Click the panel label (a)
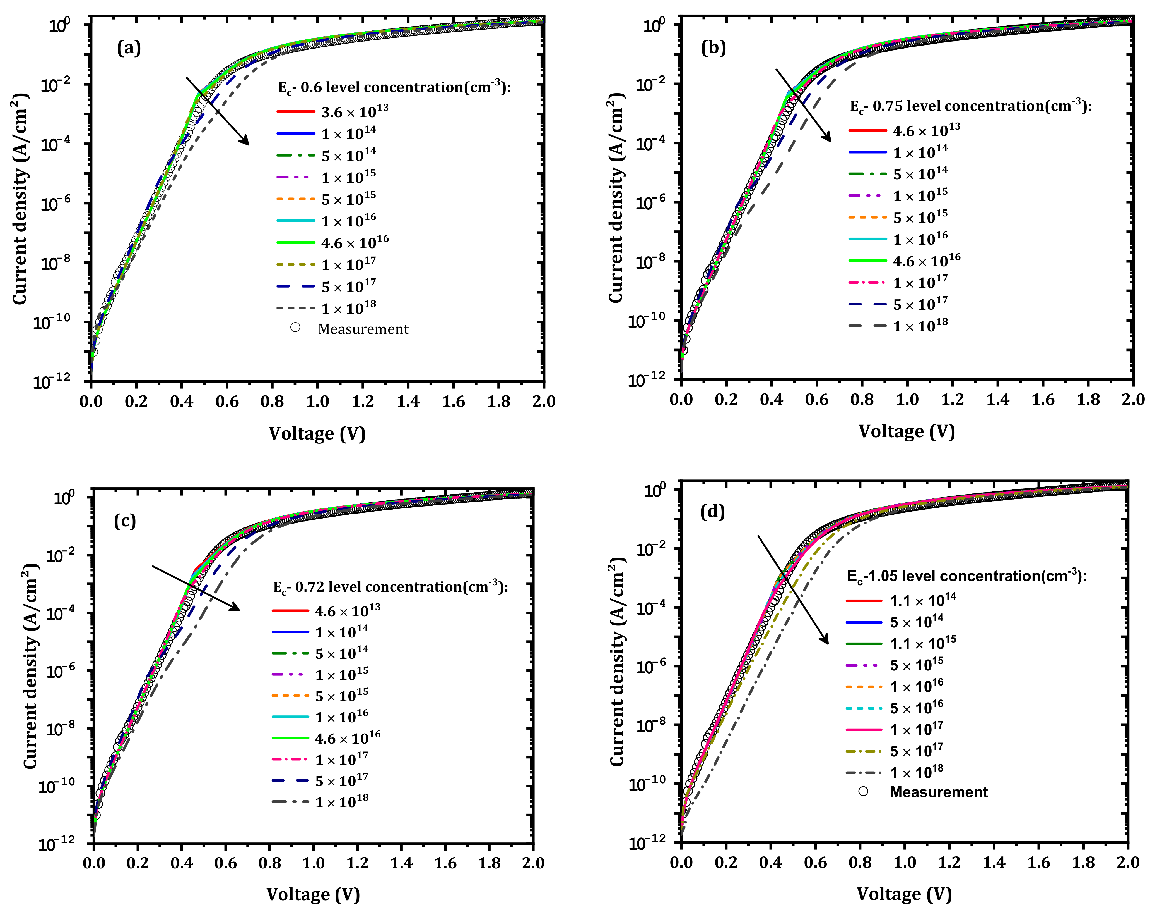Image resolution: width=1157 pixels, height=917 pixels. point(129,48)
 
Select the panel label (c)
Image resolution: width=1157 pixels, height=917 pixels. point(125,521)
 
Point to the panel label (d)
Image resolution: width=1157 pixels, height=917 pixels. point(712,512)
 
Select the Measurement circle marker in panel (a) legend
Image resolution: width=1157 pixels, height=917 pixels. point(295,328)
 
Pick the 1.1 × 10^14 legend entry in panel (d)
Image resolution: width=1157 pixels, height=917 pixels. point(923,600)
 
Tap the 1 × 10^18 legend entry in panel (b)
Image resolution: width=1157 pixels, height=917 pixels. point(920,325)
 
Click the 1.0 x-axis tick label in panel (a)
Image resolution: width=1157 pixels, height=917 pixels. point(317,402)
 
